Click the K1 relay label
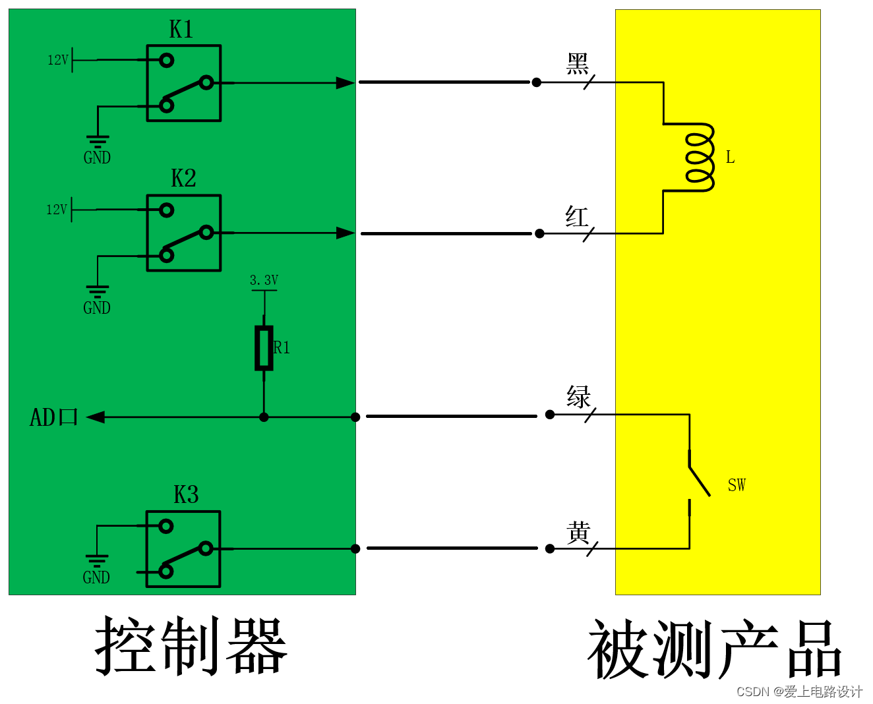tap(181, 30)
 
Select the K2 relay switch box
tap(184, 233)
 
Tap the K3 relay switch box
tap(183, 548)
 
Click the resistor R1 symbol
tap(264, 347)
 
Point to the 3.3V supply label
tap(264, 280)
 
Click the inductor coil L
tap(700, 158)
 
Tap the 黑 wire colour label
tap(578, 64)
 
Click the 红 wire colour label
tap(577, 216)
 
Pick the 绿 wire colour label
tap(578, 397)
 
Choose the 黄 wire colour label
tap(578, 533)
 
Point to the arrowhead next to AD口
tap(96, 417)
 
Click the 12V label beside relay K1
tap(57, 60)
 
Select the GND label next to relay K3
tap(96, 577)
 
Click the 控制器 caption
tap(191, 646)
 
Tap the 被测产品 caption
tap(715, 650)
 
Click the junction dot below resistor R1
tap(264, 417)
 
